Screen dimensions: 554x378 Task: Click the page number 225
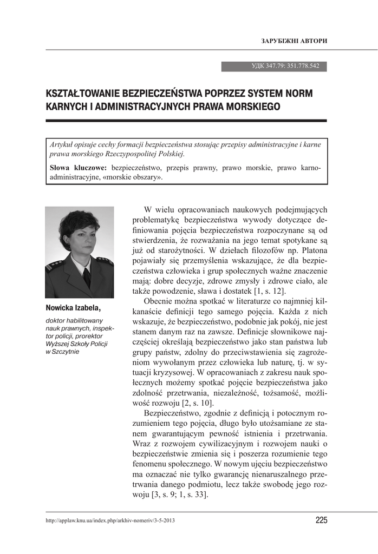point(321,520)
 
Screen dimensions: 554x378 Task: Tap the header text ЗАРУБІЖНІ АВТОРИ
point(294,42)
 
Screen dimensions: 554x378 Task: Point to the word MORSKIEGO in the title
point(253,106)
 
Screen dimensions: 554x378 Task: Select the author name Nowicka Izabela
point(74,308)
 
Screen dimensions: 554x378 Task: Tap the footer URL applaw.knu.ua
point(110,520)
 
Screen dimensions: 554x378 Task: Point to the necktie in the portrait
point(87,277)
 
